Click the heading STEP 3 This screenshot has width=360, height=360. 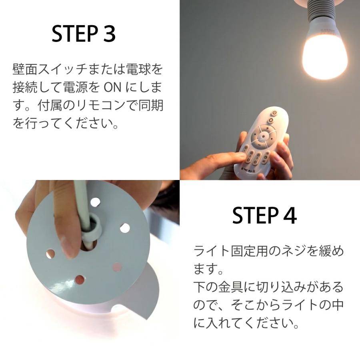tap(84, 34)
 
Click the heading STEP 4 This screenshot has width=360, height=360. tap(264, 216)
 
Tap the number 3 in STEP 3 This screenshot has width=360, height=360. tap(109, 34)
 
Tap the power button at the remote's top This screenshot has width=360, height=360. tap(271, 120)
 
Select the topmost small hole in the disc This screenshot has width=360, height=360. tap(95, 202)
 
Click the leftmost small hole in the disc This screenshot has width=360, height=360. tap(51, 253)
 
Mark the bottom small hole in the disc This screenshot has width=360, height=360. tap(79, 279)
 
